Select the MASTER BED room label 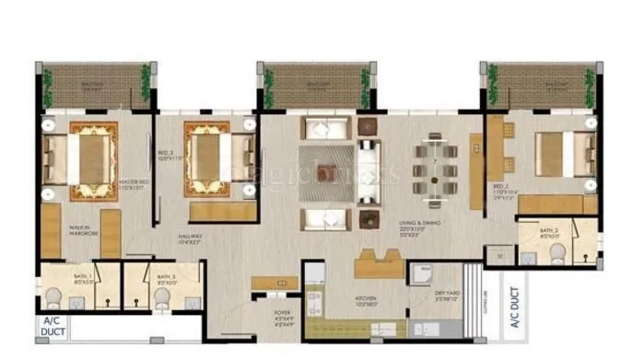pos(134,182)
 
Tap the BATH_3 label pos(166,278)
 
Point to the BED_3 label pos(166,154)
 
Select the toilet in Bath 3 pos(162,296)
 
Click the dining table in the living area pos(432,166)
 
